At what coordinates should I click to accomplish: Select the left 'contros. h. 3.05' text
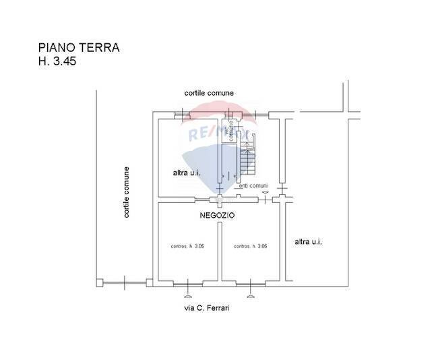(x=187, y=247)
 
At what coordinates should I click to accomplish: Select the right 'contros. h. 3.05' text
(x=251, y=247)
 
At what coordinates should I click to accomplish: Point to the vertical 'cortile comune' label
(x=126, y=192)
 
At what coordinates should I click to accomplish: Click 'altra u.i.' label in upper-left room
(x=187, y=173)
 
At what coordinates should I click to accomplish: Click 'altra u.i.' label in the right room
(x=309, y=241)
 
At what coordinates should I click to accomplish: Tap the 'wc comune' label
(x=230, y=131)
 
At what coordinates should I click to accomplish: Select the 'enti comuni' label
(x=253, y=186)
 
